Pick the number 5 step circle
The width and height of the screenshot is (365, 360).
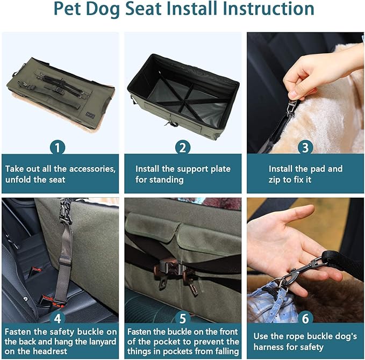(182, 318)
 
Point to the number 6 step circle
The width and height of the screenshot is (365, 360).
(305, 318)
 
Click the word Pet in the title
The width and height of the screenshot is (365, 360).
(69, 10)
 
